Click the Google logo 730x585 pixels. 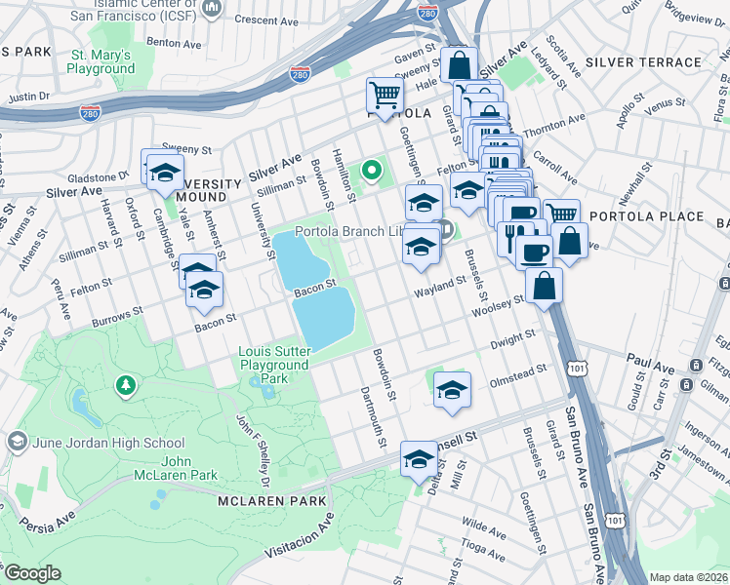32,573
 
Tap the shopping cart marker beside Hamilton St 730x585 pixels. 385,97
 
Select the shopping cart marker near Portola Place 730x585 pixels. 560,214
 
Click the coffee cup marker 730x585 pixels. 534,253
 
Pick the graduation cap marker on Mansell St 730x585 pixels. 420,458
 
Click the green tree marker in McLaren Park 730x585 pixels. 125,386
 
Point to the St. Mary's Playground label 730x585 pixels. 101,61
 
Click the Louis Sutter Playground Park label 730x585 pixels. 278,364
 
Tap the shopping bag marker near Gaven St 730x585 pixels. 459,65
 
